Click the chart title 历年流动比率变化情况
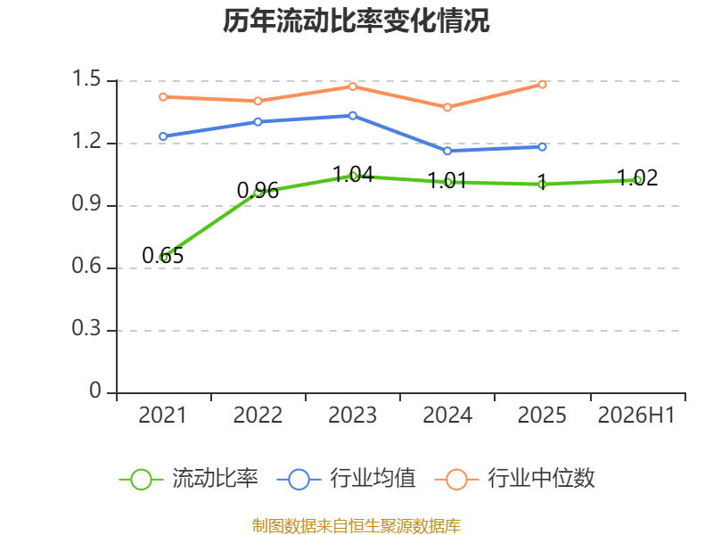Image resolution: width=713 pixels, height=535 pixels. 356,21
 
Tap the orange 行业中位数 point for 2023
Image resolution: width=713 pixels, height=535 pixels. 353,86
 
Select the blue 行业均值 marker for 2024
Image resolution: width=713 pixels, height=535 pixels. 447,151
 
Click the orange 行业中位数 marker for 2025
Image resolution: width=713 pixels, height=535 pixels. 542,85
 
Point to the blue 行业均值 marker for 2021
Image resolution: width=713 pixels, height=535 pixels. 163,136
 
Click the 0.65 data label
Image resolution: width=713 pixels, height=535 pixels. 163,255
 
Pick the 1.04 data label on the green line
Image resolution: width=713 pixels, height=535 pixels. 353,174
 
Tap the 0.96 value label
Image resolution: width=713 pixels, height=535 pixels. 258,190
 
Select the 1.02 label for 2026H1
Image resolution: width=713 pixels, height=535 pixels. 637,177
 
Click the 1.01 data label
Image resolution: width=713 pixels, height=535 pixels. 447,181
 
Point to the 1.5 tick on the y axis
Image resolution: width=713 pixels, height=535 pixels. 86,78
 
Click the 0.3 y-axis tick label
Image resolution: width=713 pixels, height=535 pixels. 86,328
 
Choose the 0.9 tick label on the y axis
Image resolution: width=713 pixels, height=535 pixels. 86,203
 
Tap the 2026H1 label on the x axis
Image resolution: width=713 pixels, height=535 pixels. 636,416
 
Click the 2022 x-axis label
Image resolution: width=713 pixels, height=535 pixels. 258,416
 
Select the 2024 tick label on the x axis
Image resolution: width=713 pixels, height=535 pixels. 447,416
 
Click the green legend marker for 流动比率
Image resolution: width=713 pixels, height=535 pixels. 141,480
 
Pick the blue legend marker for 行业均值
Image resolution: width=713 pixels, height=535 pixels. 299,480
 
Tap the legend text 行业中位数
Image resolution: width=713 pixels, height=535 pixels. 541,479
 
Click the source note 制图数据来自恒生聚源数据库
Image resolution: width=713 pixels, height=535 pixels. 356,526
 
